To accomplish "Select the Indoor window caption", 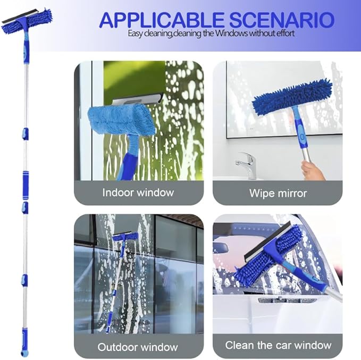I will tap(138, 192).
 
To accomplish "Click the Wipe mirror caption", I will tap(278, 192).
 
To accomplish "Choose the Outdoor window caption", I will tap(138, 347).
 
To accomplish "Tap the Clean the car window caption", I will tap(278, 345).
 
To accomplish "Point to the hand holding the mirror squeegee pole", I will tap(311, 169).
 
